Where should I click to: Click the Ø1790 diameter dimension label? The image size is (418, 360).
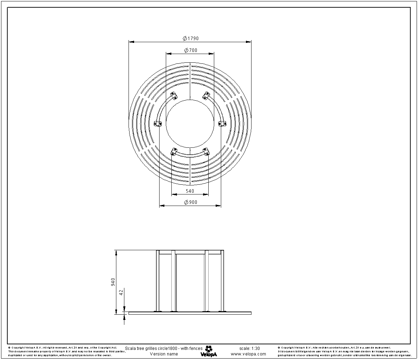tap(191, 38)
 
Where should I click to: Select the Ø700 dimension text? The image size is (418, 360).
tap(191, 50)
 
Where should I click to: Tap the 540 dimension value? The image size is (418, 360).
tap(190, 191)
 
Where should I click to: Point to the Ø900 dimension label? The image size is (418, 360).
tap(191, 202)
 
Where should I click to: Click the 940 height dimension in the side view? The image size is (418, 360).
tap(113, 282)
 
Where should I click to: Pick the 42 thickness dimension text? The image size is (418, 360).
tap(121, 292)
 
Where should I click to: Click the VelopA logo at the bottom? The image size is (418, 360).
tap(209, 351)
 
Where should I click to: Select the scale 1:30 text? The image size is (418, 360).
tap(249, 348)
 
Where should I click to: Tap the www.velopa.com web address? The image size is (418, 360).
tap(248, 354)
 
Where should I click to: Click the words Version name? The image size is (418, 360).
tap(164, 354)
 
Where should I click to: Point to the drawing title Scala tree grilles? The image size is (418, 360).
tap(163, 348)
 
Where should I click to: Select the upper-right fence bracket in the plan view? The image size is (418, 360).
tap(207, 94)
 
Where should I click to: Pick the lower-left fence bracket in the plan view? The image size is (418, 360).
tap(173, 152)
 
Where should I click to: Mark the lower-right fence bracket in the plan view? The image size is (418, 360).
tap(207, 152)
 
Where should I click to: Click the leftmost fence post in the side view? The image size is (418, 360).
tap(158, 281)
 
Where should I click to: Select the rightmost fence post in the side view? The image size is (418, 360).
tap(222, 281)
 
